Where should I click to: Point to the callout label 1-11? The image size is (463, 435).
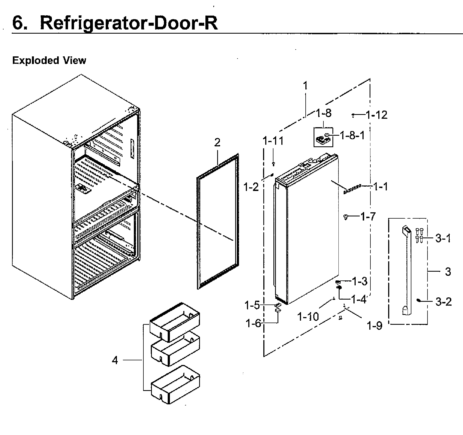(273, 141)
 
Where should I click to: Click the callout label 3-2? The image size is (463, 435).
(443, 302)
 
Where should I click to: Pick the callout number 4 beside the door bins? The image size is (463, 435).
(115, 360)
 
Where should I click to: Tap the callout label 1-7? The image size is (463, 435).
(368, 217)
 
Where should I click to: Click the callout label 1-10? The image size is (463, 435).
(308, 317)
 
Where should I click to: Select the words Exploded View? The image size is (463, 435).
(49, 60)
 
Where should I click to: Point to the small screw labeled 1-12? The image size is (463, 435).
(353, 116)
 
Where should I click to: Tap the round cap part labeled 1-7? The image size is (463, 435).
(346, 217)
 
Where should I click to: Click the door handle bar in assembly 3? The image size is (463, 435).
(407, 271)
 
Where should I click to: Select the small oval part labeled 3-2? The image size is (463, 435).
(418, 300)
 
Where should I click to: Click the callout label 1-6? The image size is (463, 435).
(254, 324)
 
